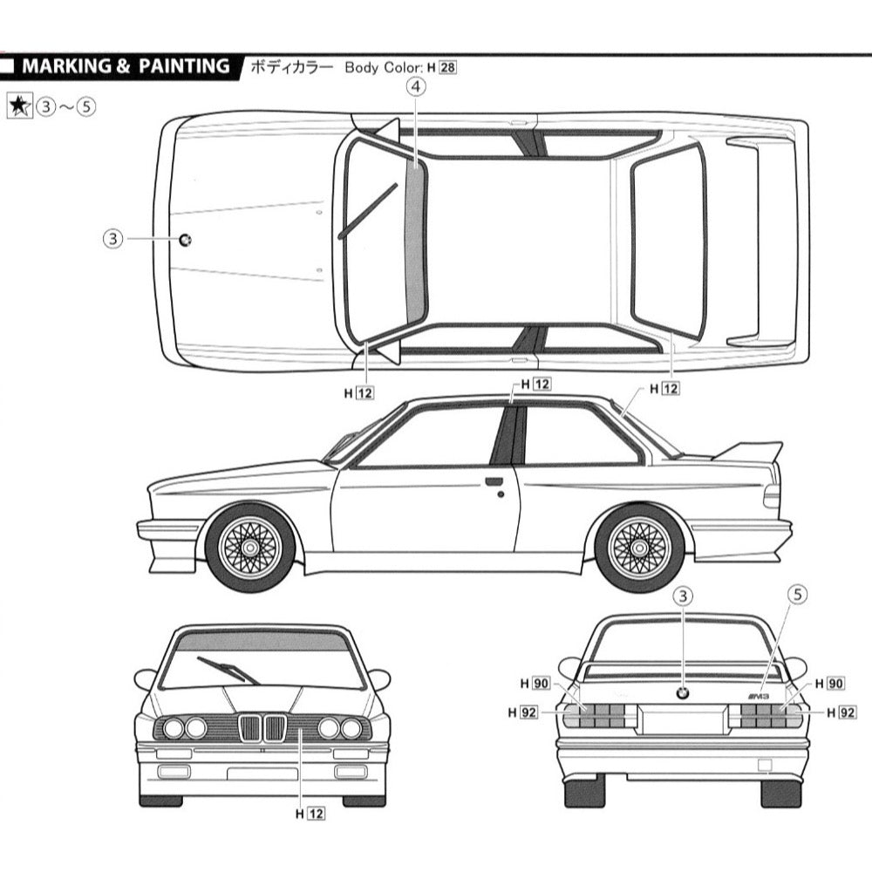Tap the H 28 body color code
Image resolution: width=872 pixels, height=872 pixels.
tap(440, 67)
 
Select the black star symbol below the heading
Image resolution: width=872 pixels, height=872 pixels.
tap(18, 106)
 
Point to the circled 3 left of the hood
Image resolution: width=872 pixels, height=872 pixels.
tap(112, 239)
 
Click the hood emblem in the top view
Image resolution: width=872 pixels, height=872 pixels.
tap(185, 240)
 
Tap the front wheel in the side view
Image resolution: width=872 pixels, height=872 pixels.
tap(249, 548)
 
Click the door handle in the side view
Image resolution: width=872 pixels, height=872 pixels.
tap(494, 481)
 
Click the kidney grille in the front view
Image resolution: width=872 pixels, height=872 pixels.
tap(262, 728)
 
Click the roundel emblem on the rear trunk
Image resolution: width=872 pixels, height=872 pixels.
tap(684, 693)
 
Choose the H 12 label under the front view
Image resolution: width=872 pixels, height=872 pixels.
tap(310, 814)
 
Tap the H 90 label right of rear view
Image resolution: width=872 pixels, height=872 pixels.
tap(829, 684)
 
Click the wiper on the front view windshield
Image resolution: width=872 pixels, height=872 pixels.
tap(228, 670)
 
